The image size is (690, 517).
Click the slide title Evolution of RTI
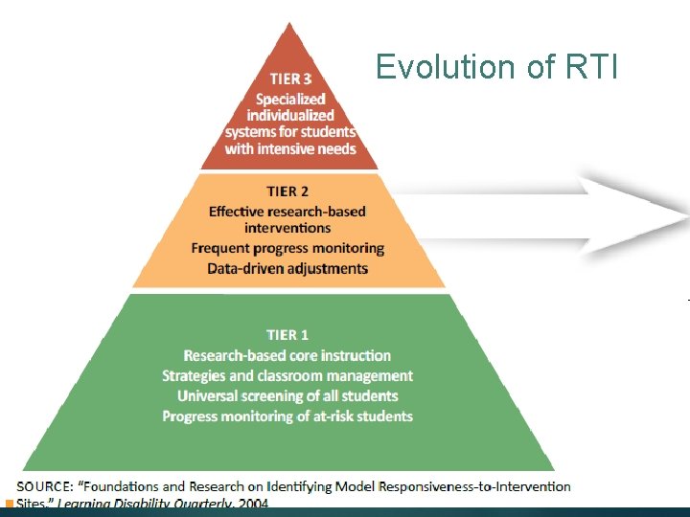498,67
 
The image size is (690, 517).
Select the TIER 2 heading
287,191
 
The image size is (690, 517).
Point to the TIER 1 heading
287,335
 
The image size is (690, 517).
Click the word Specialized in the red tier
290,99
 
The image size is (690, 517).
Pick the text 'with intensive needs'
290,148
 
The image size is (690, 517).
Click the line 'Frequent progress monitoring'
287,248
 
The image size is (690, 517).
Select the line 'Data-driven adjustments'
287,268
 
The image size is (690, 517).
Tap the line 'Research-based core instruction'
287,355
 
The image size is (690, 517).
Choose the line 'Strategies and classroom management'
287,375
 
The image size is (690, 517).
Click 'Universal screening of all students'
287,395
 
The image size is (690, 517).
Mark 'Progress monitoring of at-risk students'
287,416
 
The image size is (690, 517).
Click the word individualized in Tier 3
290,115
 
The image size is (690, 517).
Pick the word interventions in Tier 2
287,228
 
